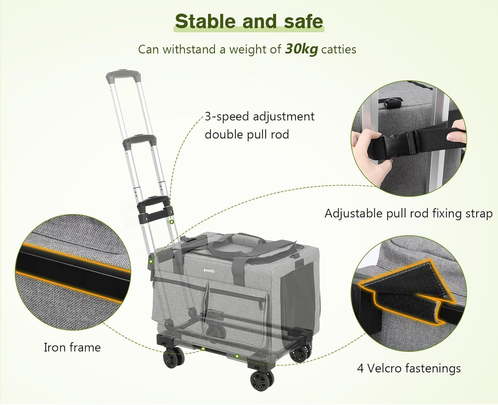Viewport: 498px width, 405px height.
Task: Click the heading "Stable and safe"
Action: (x=249, y=21)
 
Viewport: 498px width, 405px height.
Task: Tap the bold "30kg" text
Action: (x=301, y=49)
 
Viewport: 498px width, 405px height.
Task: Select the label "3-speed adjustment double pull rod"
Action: (x=259, y=125)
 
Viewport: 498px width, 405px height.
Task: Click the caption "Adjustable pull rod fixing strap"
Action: (x=408, y=213)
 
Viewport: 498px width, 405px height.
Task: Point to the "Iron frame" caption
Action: (x=72, y=347)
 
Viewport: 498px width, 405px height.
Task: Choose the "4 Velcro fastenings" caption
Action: (x=409, y=368)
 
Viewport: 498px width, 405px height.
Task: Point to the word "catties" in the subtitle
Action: (x=338, y=49)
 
